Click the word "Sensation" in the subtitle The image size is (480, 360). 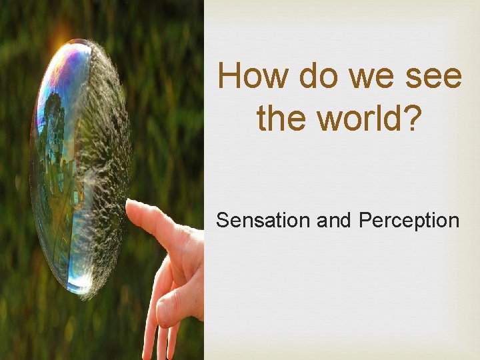pos(263,220)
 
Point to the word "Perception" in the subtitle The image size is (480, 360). pos(409,220)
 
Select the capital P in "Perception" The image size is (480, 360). pos(364,220)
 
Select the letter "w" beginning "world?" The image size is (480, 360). pos(333,118)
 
